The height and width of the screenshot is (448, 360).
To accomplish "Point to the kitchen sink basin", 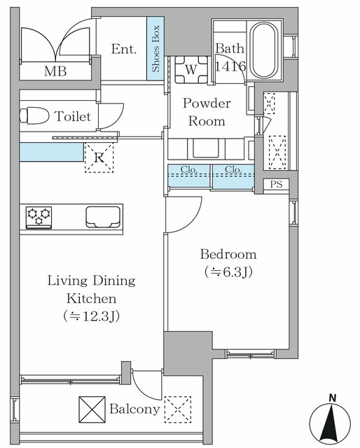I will (x=102, y=217).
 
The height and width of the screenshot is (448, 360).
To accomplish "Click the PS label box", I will (x=275, y=185).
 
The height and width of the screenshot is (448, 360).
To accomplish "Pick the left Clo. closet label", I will (x=189, y=169).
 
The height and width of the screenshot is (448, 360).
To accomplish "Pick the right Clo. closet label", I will (x=233, y=169).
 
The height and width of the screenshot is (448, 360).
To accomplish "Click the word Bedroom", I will (x=228, y=254).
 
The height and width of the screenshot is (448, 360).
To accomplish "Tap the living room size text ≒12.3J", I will (x=91, y=315).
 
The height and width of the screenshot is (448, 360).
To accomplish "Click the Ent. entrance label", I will (x=123, y=49).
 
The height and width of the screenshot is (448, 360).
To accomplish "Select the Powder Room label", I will (x=207, y=112).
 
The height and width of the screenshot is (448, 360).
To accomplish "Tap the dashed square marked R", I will (x=99, y=158).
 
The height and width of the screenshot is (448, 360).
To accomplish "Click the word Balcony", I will (x=134, y=409).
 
